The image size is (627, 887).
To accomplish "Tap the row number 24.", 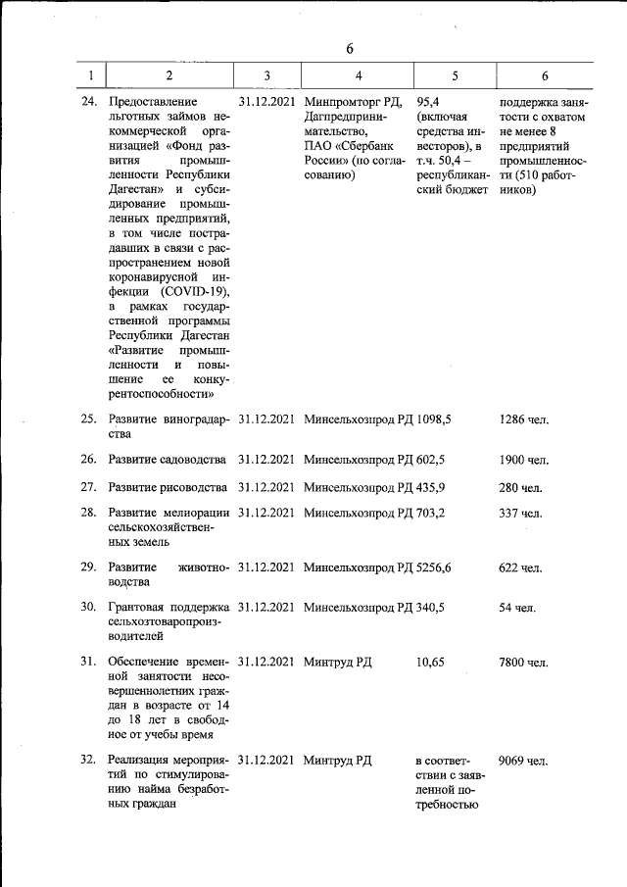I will point(88,101).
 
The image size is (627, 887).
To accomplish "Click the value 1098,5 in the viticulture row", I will point(434,419).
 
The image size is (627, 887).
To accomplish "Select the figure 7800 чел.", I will point(523,663).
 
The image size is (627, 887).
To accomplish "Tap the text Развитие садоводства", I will point(168,460).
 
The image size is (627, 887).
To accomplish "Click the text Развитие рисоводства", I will point(168,487).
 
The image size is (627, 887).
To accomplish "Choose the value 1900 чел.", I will point(524,460).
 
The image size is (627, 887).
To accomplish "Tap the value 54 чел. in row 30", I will point(517,608).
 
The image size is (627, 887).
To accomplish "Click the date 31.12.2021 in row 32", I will point(266,760).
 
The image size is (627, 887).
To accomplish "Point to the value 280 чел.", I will point(520,487).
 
